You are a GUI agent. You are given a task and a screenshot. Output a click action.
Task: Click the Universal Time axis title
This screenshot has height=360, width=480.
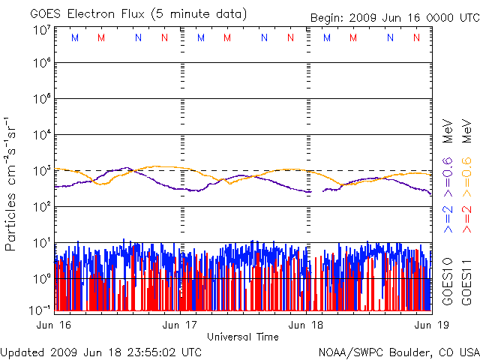pyautogui.click(x=243, y=337)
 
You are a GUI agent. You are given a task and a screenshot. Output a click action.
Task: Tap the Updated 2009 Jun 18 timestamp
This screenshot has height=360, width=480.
pyautogui.click(x=101, y=351)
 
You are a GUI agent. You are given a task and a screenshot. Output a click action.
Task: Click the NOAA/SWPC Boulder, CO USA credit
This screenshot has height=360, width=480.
pyautogui.click(x=398, y=351)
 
